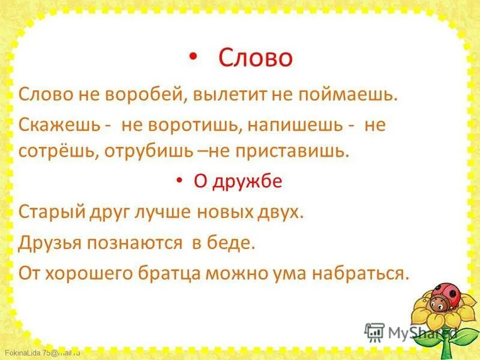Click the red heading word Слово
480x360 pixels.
[255, 58]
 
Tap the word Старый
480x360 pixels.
[49, 212]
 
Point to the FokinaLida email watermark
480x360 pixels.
[41, 352]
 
